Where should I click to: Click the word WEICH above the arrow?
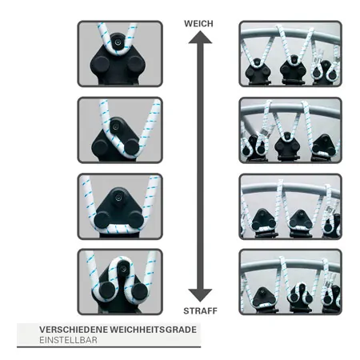198,24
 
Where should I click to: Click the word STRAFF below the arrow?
200,311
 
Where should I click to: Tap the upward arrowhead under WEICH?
200,37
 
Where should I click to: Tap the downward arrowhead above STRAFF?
200,295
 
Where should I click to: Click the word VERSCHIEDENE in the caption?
74,330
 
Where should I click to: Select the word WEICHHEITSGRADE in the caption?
153,330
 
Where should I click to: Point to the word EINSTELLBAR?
68,340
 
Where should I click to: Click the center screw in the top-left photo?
118,42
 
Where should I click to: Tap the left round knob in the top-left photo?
100,64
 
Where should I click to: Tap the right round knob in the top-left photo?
135,64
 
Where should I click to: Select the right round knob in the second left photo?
131,147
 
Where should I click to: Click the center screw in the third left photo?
118,198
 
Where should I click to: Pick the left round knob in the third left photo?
102,219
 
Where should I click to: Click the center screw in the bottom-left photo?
123,268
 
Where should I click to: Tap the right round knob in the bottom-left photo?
139,291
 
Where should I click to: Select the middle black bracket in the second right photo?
287,147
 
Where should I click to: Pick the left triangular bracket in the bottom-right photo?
263,299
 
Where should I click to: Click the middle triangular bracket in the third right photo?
301,222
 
